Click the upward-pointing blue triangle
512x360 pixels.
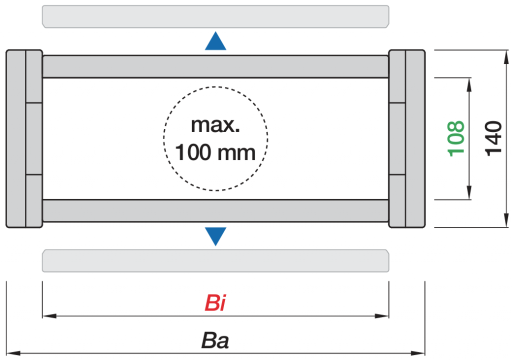[x=215, y=42]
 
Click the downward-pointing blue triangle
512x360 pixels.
[x=215, y=235]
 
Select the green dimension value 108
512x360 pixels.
[x=456, y=138]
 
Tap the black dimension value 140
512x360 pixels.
[x=493, y=137]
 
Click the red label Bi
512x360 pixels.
[x=215, y=303]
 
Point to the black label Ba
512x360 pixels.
[x=215, y=341]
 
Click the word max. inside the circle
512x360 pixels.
[x=215, y=124]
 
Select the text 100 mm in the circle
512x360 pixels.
[x=215, y=152]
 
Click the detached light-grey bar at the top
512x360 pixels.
[x=215, y=16]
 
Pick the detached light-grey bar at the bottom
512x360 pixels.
[x=215, y=260]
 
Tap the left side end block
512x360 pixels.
[x=24, y=138]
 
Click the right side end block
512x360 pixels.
[x=406, y=138]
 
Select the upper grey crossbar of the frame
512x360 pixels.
[x=215, y=66]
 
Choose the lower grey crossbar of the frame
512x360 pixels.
[x=215, y=210]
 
